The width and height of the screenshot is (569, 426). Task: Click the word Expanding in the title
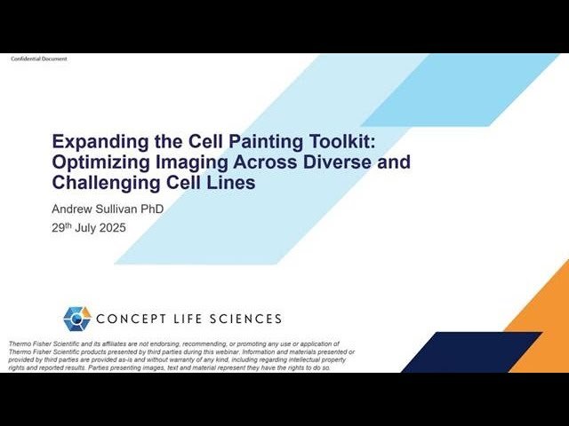[92, 141]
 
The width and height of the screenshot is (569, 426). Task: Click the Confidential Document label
[38, 59]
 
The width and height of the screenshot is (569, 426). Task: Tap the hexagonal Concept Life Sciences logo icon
[77, 318]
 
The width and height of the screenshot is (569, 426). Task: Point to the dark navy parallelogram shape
[471, 352]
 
